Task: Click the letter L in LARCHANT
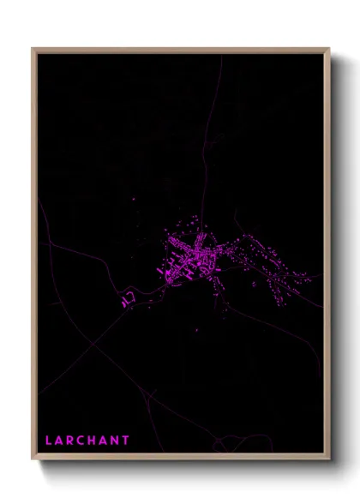click(x=49, y=441)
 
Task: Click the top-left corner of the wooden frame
click(x=33, y=49)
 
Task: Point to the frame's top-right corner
click(x=329, y=49)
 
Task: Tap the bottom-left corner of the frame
click(x=33, y=459)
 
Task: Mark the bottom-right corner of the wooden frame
click(x=329, y=459)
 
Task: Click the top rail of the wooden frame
click(x=180, y=50)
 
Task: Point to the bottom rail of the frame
click(x=180, y=458)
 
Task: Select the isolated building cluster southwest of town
click(x=128, y=298)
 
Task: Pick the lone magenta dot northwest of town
click(x=134, y=200)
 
